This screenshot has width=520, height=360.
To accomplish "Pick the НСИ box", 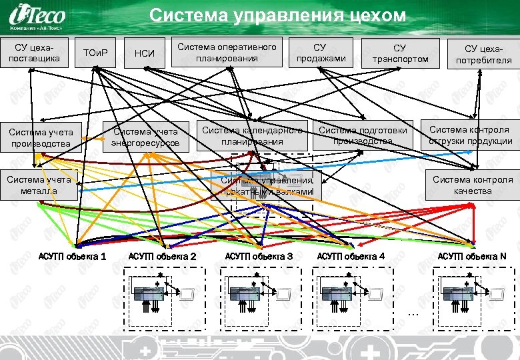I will tap(145, 53).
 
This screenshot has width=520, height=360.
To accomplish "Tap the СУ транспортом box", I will tap(399, 53).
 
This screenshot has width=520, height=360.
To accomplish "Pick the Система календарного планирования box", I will tap(252, 135).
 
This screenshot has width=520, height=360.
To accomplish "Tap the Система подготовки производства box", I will tap(363, 135).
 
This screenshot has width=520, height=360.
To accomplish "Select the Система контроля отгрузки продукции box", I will tap(470, 135).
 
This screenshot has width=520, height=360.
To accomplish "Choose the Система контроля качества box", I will tap(473, 185).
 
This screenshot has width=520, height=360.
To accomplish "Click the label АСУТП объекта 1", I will tap(72, 256).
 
